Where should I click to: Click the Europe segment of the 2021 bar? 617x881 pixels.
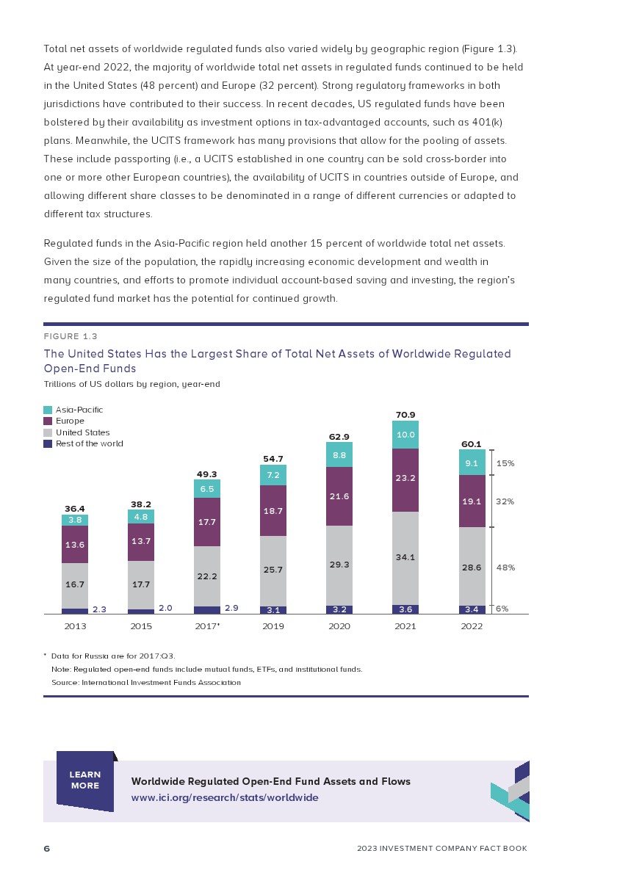click(405, 480)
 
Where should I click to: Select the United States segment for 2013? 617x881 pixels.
click(75, 586)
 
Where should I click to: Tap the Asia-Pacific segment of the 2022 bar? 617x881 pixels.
click(472, 463)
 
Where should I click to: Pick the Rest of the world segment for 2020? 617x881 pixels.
click(339, 609)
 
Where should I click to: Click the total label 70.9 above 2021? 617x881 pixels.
click(405, 415)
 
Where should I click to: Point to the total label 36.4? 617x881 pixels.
click(75, 508)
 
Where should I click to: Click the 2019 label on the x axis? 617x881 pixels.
click(273, 626)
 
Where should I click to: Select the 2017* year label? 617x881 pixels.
click(208, 626)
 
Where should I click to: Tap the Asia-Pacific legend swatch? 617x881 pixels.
click(48, 410)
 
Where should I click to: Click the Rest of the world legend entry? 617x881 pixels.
click(89, 443)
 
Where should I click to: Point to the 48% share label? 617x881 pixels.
click(505, 568)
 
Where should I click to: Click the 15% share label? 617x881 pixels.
click(505, 463)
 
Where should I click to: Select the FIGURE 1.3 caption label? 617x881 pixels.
click(71, 336)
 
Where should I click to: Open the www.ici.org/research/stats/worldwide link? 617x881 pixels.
click(225, 797)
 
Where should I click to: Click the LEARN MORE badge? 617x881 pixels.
click(85, 780)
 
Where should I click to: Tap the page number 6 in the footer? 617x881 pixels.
click(47, 849)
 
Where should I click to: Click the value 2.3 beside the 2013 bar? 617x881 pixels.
click(100, 609)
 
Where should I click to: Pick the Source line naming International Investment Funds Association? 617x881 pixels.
click(145, 682)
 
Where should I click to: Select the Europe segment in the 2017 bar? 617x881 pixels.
click(207, 522)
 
